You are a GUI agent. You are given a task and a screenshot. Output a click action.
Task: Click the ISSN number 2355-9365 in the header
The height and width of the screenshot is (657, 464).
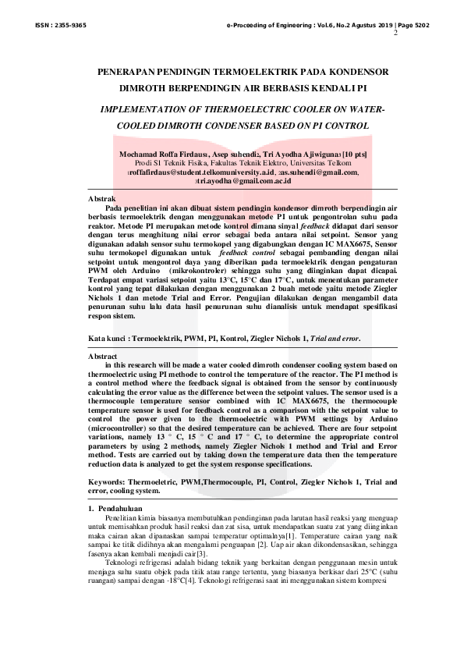69,26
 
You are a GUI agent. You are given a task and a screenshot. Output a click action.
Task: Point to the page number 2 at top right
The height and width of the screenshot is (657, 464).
395,34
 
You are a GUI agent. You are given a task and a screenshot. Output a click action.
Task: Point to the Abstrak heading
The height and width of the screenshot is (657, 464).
103,201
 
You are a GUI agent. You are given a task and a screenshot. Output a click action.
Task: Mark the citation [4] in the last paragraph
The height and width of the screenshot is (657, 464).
191,582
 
